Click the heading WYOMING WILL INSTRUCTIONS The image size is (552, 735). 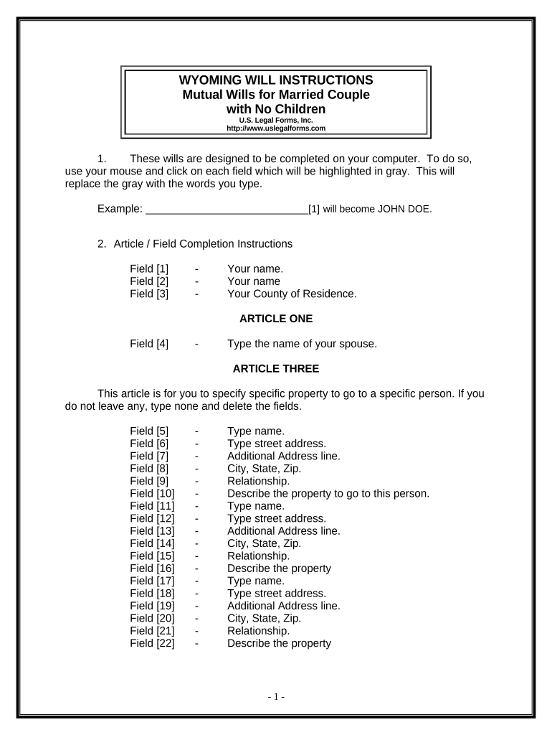tap(276, 80)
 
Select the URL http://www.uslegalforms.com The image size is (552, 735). tap(276, 128)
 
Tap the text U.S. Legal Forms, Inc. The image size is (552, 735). tap(276, 121)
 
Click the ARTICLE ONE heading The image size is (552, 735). tap(275, 318)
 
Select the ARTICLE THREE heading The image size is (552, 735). tap(276, 369)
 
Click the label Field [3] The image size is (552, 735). tap(149, 294)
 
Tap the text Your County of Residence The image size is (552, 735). tap(292, 294)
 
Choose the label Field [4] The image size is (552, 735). tap(149, 344)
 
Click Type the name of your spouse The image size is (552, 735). tap(302, 344)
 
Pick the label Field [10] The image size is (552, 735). tap(152, 493)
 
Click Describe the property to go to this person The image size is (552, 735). tap(328, 493)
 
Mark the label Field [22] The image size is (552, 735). tap(152, 643)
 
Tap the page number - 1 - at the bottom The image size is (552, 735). tap(276, 697)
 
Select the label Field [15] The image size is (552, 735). tap(152, 556)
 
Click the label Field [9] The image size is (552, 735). tap(149, 481)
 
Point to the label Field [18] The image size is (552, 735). tap(152, 593)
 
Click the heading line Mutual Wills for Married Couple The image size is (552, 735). tap(276, 95)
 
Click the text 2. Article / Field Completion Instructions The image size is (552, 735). tap(195, 243)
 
